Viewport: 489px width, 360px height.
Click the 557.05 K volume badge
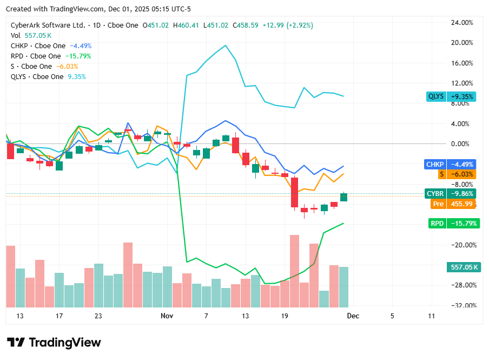[464, 267]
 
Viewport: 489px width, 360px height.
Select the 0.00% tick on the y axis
[463, 144]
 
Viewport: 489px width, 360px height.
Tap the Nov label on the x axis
[167, 316]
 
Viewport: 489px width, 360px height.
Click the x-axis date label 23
[98, 316]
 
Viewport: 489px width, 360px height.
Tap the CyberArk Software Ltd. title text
[48, 25]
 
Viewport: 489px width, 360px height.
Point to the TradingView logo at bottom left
[54, 343]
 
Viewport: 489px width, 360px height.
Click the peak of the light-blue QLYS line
[225, 45]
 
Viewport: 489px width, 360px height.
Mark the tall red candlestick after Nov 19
[294, 192]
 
